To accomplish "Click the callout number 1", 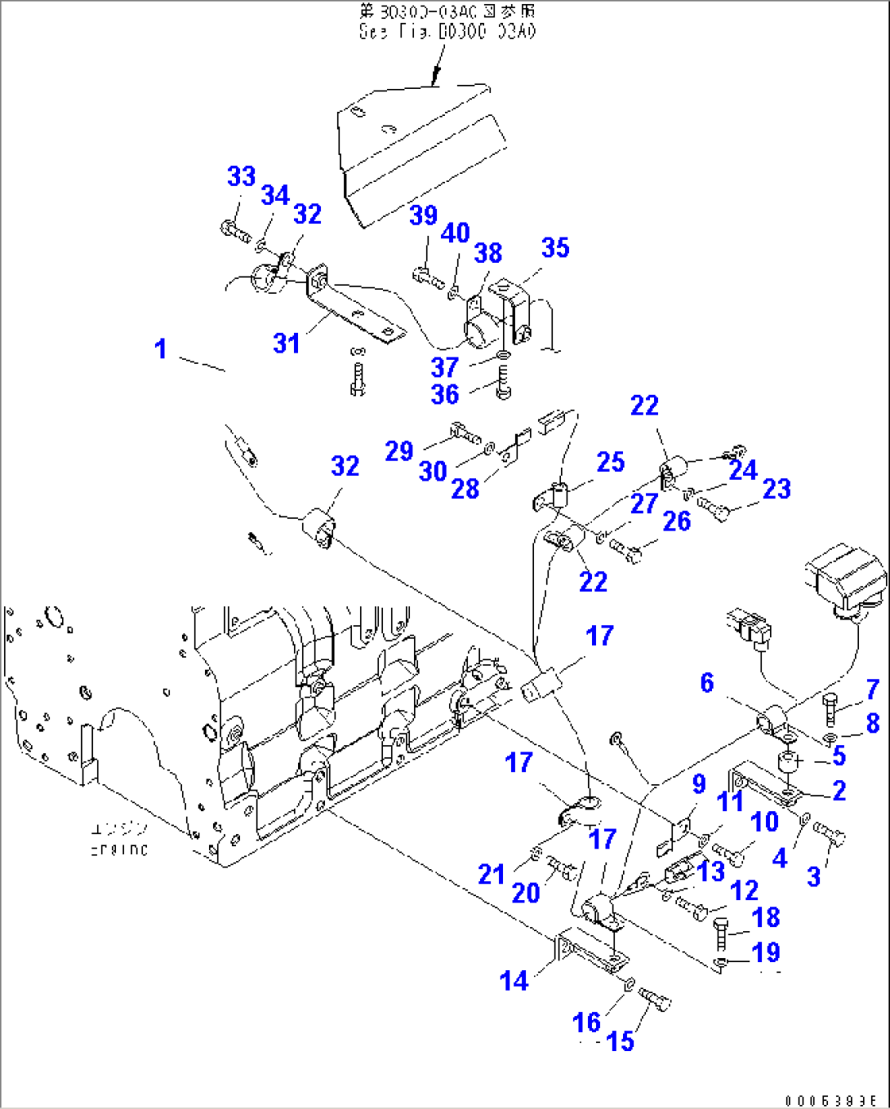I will click(161, 349).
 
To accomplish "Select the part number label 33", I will click(241, 176).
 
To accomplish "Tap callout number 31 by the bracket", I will click(287, 344).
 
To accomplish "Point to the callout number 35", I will click(555, 248).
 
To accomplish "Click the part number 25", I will click(611, 462).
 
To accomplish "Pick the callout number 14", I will click(514, 980).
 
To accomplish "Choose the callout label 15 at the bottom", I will click(621, 1040).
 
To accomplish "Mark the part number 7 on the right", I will click(873, 690).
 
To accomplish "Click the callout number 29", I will click(399, 451).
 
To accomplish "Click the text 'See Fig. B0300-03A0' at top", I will click(447, 32).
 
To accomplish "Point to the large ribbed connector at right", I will click(847, 576).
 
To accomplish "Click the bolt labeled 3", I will click(830, 834).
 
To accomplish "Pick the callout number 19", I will click(766, 952).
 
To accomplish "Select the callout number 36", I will click(445, 394).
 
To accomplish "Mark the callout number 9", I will click(699, 784).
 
